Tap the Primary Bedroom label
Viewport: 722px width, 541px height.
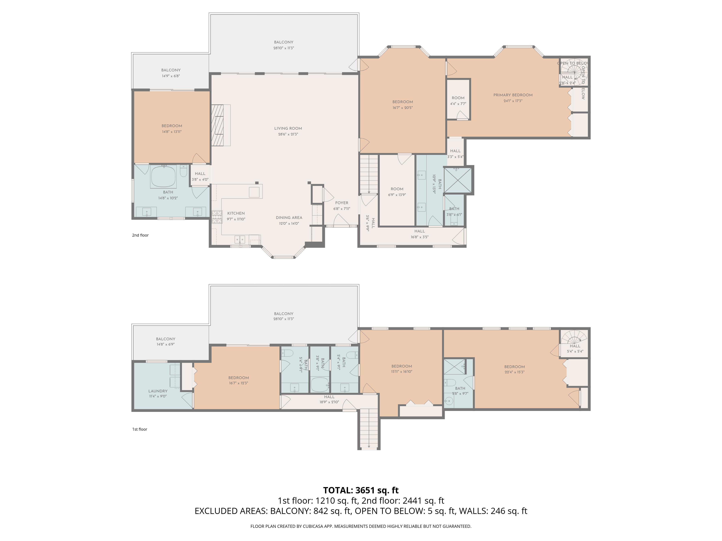[513, 95]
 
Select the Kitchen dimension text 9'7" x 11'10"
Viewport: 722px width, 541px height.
[236, 219]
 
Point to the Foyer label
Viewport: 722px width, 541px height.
[342, 203]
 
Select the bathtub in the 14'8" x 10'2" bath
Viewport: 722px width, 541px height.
[163, 176]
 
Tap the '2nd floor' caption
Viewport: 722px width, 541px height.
[140, 235]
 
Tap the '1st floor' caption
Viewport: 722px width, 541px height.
[140, 429]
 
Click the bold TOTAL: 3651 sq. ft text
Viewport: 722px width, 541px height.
[361, 490]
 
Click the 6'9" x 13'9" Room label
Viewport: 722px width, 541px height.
[397, 189]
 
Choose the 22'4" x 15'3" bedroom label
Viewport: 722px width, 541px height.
[514, 367]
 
